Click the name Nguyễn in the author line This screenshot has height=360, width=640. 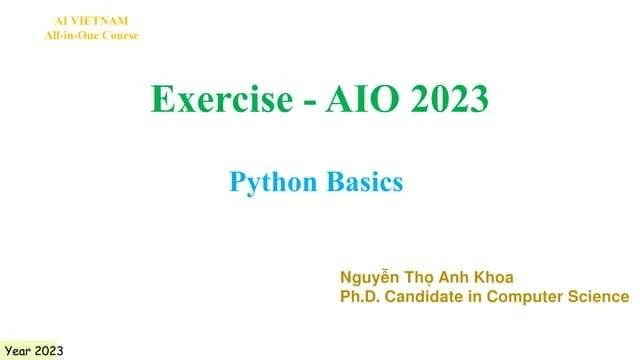click(373, 277)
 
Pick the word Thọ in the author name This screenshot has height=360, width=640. click(430, 277)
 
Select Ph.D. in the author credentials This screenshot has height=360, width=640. click(362, 297)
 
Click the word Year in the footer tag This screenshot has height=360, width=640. click(19, 350)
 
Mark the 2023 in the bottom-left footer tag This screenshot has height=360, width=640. click(50, 350)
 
